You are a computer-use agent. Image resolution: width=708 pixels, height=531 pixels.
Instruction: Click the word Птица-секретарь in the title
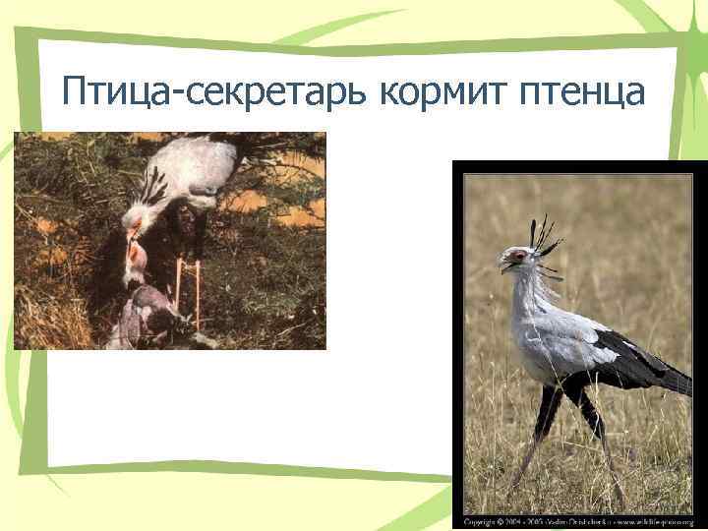point(213,93)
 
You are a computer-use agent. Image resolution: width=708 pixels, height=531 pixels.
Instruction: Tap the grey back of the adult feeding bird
point(197,157)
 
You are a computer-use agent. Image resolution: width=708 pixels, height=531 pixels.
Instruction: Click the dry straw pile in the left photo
point(49,315)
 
